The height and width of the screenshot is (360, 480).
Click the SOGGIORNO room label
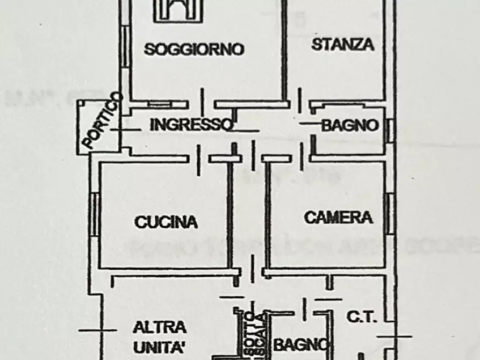point(194,49)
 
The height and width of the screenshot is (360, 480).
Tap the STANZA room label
point(342,44)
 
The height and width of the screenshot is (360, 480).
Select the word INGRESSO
point(192,125)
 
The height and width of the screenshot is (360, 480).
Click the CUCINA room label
point(166,222)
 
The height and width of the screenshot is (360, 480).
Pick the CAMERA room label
point(338,218)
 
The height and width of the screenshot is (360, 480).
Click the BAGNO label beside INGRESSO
point(350,126)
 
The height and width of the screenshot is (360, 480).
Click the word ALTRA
point(160,327)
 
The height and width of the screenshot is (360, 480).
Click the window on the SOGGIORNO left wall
point(125,48)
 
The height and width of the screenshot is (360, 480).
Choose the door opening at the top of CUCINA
point(198,159)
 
